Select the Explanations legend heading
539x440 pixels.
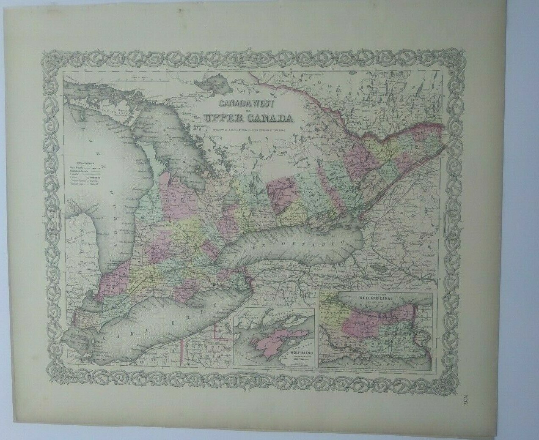pyautogui.click(x=85, y=163)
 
